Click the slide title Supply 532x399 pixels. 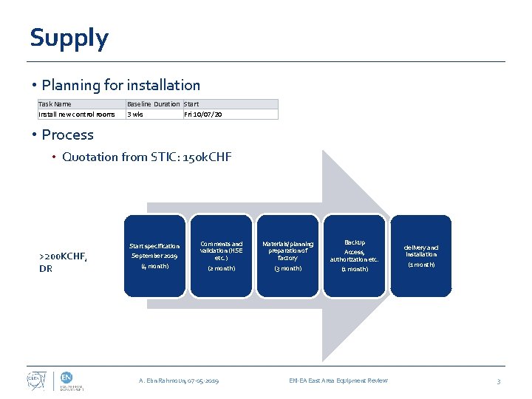[x=69, y=38]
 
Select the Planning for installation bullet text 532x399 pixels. [x=120, y=86]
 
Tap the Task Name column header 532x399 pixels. [x=55, y=104]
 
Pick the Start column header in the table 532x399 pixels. [x=191, y=104]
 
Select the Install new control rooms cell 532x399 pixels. [x=77, y=115]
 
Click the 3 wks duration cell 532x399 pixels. [x=135, y=115]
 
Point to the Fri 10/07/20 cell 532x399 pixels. [x=203, y=115]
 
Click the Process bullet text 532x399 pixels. [x=67, y=134]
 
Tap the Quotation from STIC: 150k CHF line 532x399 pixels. [x=146, y=157]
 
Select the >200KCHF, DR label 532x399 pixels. [x=63, y=262]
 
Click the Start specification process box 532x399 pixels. [x=154, y=256]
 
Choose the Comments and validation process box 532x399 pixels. [x=221, y=256]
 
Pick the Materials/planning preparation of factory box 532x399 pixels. [x=287, y=256]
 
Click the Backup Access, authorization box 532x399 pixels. [x=354, y=256]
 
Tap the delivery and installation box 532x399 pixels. [x=420, y=256]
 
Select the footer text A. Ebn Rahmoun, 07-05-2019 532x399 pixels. [x=179, y=381]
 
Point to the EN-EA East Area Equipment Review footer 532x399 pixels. [x=338, y=381]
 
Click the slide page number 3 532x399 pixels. [x=499, y=381]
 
